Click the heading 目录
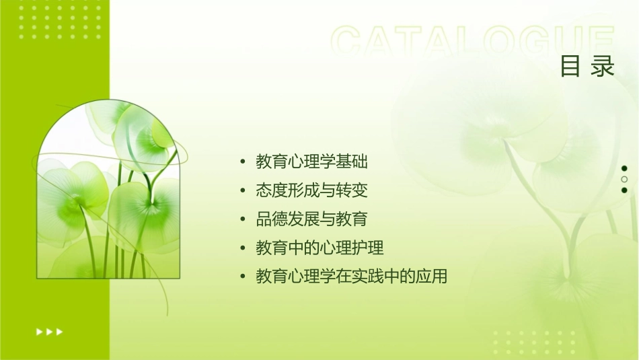click(587, 66)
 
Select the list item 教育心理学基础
click(312, 162)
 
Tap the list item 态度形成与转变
click(312, 190)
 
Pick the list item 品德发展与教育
click(312, 219)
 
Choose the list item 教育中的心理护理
click(319, 248)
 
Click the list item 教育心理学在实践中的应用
click(351, 277)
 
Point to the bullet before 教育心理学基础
click(242, 163)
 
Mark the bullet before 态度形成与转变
click(242, 191)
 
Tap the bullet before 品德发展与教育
click(242, 220)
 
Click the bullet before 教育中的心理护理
click(242, 248)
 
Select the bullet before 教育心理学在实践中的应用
click(242, 277)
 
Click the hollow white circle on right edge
click(624, 179)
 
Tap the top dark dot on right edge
click(624, 168)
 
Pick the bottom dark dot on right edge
click(624, 190)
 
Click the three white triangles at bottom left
click(49, 331)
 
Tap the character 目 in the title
click(571, 66)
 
